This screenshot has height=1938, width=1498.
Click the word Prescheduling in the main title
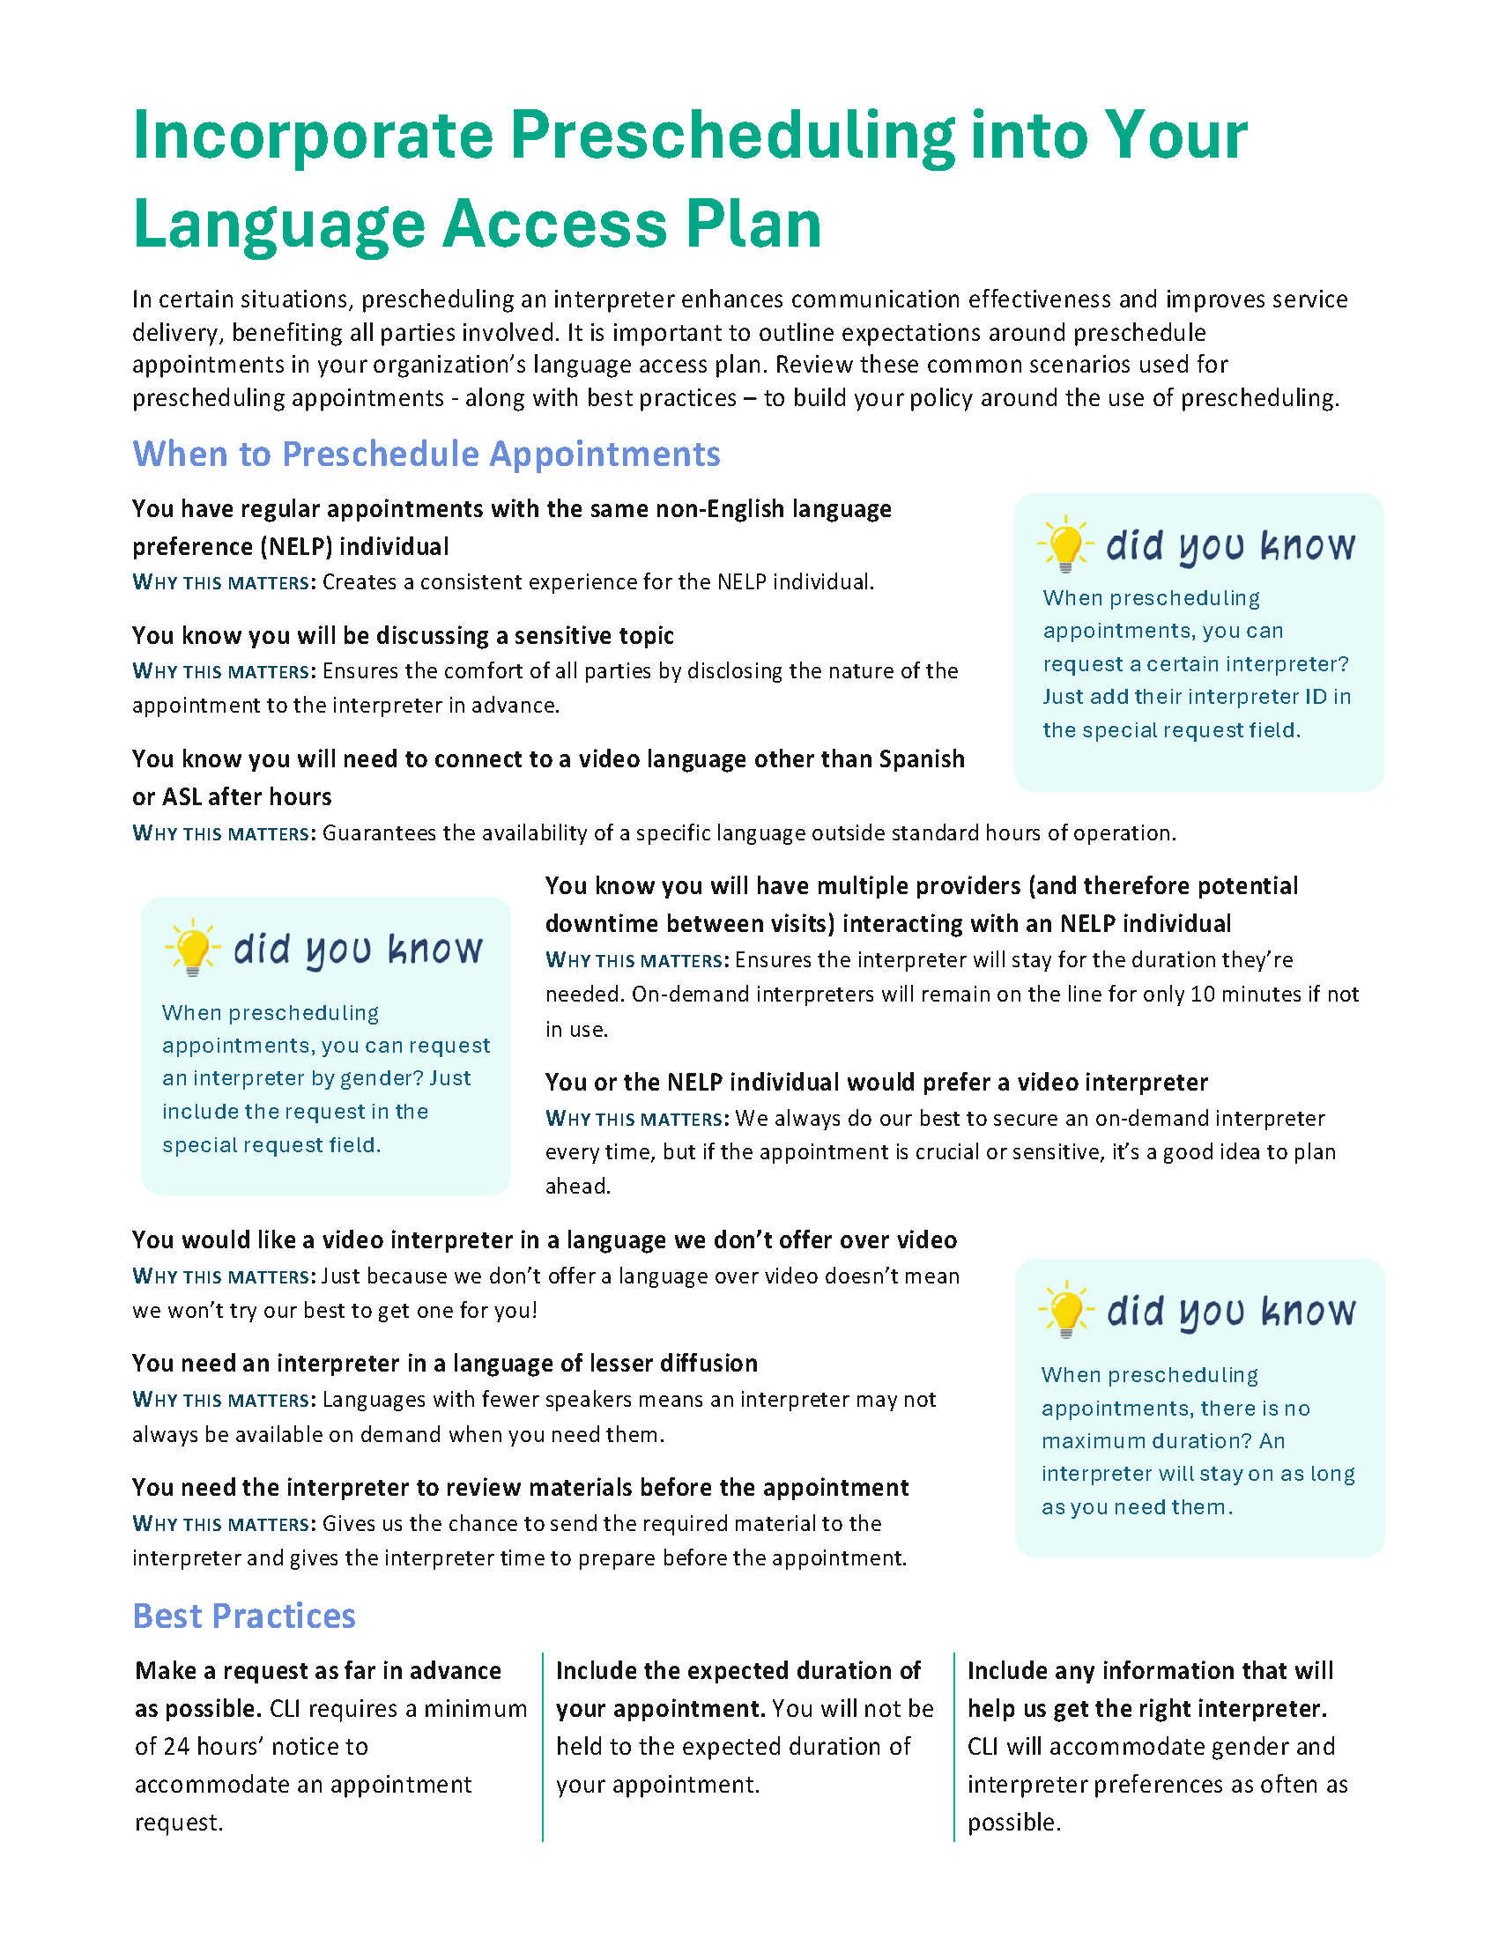point(731,136)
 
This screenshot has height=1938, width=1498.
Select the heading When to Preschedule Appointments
point(426,455)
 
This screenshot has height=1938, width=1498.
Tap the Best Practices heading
point(244,1616)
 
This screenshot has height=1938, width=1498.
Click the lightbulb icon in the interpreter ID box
point(1065,543)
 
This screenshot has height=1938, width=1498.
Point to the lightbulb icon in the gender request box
point(192,948)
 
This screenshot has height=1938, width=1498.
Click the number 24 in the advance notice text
point(176,1746)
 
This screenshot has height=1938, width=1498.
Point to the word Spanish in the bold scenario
point(921,759)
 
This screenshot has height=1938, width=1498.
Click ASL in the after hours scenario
point(182,797)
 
